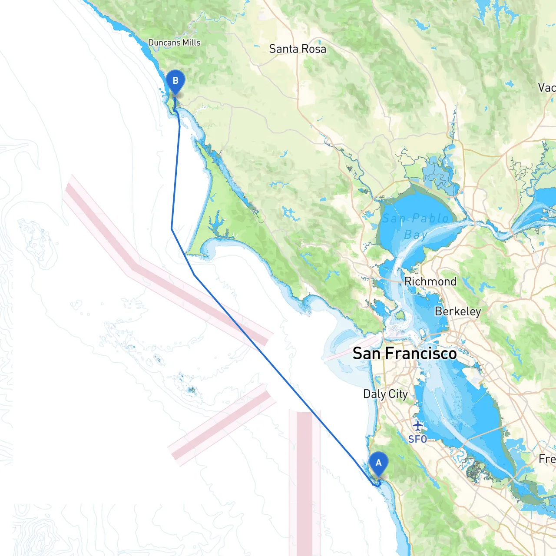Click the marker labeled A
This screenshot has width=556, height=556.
point(378,463)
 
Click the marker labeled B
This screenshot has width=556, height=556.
point(175,81)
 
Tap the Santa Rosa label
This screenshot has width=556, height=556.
point(298,49)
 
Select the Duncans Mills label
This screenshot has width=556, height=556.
point(174,43)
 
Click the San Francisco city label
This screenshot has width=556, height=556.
point(404,354)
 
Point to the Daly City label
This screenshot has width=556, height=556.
point(385,394)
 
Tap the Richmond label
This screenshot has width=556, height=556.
point(430,281)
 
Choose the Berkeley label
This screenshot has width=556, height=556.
point(458,311)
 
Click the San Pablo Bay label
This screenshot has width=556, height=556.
point(415,226)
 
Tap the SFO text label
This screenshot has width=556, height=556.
point(417,439)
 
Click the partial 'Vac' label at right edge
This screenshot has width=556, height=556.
point(546,88)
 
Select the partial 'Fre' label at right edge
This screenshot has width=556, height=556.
point(547,459)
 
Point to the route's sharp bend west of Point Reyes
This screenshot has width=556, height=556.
point(172,229)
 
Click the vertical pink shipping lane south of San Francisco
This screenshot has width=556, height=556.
point(304,478)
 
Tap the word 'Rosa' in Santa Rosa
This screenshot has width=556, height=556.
point(314,49)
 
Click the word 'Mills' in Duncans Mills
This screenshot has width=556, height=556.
point(192,43)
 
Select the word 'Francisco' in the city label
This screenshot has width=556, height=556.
point(421,354)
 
